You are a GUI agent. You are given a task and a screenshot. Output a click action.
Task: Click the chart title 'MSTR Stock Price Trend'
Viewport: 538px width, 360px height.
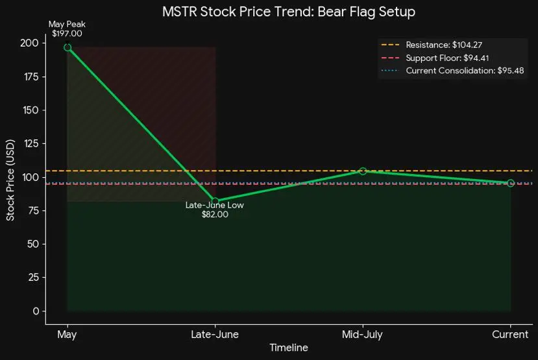click(x=238, y=12)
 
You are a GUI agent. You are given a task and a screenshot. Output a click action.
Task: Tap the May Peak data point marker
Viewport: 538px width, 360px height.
click(x=67, y=47)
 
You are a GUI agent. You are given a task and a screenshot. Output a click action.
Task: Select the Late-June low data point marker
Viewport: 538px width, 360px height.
click(x=215, y=201)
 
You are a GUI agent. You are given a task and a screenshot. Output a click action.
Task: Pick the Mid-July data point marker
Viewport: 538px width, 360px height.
click(x=363, y=171)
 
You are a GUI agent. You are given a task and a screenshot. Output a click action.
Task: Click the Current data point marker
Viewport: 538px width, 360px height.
click(x=511, y=183)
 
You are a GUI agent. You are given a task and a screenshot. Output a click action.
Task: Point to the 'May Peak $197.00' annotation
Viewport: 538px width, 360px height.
click(x=67, y=29)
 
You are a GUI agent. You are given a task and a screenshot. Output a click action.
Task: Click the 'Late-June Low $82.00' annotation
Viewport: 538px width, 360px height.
click(x=215, y=210)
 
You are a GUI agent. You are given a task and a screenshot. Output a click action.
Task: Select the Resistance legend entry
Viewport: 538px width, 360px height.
click(x=432, y=45)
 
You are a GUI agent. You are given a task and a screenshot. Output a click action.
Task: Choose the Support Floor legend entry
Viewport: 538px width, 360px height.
click(x=435, y=58)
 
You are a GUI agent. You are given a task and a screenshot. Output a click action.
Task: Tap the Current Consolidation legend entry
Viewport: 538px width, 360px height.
click(x=452, y=71)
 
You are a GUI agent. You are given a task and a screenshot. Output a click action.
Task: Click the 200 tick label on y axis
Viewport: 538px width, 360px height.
click(x=29, y=43)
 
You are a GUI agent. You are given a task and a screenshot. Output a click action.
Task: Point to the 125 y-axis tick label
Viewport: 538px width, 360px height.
click(x=31, y=143)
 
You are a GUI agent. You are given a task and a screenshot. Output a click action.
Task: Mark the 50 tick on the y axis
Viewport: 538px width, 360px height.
click(x=33, y=244)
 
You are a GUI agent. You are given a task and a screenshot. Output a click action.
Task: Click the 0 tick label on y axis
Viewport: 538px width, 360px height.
click(x=36, y=311)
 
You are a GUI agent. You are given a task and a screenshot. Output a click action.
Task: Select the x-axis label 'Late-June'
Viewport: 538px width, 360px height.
click(x=215, y=334)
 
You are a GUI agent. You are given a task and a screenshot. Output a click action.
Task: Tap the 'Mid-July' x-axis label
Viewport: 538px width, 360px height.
click(x=362, y=335)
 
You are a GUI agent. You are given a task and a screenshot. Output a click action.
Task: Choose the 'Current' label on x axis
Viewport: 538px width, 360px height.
click(x=510, y=334)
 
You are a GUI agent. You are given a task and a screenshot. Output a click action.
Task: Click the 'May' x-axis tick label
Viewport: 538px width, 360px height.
click(x=67, y=335)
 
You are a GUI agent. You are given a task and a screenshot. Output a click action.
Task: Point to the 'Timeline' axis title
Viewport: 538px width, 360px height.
click(x=289, y=348)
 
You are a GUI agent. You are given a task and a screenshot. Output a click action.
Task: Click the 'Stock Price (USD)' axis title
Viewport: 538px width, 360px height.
click(x=10, y=180)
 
